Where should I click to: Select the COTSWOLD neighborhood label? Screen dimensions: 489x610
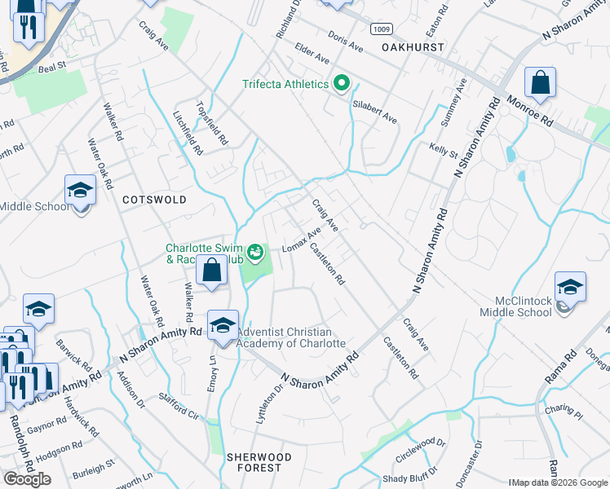tap(154, 199)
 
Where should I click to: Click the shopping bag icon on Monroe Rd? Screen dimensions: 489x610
tap(540, 83)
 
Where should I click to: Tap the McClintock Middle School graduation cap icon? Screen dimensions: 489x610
tap(570, 287)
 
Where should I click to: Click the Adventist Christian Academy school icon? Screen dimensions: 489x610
tap(223, 326)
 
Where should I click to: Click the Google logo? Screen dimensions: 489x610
tap(27, 478)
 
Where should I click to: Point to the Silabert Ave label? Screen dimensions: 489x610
tap(374, 112)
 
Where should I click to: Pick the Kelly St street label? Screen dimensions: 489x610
tap(443, 150)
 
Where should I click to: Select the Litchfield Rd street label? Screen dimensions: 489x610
tap(188, 134)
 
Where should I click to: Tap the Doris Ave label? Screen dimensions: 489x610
tap(345, 42)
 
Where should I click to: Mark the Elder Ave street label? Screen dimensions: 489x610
tap(312, 55)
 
